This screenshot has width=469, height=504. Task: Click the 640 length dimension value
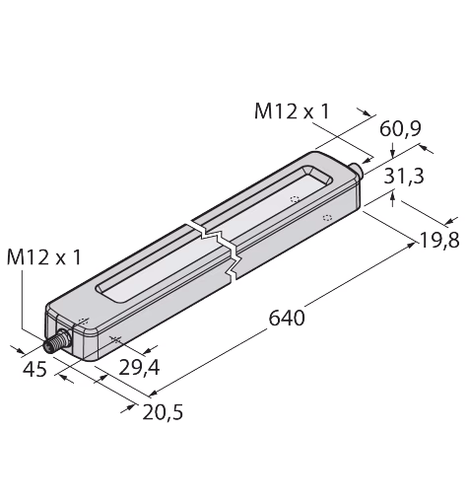(287, 319)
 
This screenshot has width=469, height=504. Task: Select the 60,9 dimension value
(400, 129)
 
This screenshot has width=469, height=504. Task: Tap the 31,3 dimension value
(404, 176)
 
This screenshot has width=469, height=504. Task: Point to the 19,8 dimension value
(439, 241)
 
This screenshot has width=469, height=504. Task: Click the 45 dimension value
(34, 370)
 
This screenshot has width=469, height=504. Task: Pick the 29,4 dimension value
(139, 368)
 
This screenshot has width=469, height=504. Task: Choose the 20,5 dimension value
(163, 412)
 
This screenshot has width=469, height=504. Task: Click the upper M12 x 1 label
(292, 111)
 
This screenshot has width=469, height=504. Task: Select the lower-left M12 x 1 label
(43, 256)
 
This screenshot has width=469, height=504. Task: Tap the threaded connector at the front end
(56, 342)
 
